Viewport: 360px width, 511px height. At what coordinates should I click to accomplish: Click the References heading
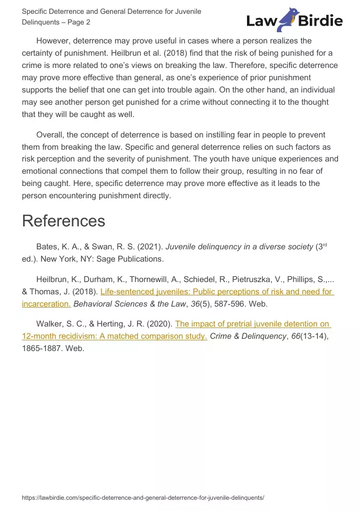tap(63, 221)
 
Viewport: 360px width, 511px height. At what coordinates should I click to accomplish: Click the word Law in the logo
tap(261, 21)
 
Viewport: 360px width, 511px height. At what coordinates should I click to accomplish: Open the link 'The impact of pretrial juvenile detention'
tap(253, 324)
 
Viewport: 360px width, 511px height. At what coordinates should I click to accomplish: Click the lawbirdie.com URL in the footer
tap(143, 497)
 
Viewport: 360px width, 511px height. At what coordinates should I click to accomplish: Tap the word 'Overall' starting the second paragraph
tap(51, 135)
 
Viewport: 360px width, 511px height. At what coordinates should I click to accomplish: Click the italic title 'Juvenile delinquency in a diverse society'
tap(239, 247)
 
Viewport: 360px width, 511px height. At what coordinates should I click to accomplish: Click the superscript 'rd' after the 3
tap(324, 244)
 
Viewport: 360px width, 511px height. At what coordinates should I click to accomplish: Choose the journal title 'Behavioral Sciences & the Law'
tap(128, 304)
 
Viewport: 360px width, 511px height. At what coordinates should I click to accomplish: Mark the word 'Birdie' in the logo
tap(321, 21)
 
